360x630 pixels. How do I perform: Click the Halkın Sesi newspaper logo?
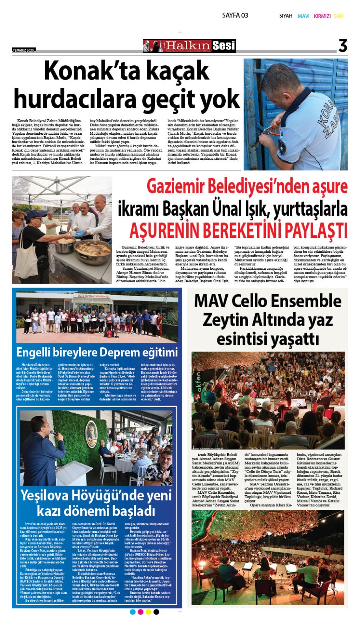pyautogui.click(x=189, y=46)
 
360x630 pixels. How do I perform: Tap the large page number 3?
pyautogui.click(x=343, y=46)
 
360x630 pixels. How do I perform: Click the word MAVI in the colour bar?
pyautogui.click(x=303, y=16)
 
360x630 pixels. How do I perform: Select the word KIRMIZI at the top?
pyautogui.click(x=322, y=16)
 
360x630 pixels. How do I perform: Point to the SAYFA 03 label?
pyautogui.click(x=235, y=15)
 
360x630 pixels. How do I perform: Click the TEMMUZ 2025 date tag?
pyautogui.click(x=24, y=50)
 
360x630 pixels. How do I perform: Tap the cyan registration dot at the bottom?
pyautogui.click(x=132, y=612)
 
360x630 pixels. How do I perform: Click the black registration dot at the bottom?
pyautogui.click(x=156, y=612)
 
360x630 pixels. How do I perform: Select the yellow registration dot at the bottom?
pyautogui.click(x=148, y=612)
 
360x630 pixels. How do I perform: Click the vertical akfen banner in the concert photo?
pyautogui.click(x=198, y=381)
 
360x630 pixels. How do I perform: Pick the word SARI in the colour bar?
pyautogui.click(x=339, y=16)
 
